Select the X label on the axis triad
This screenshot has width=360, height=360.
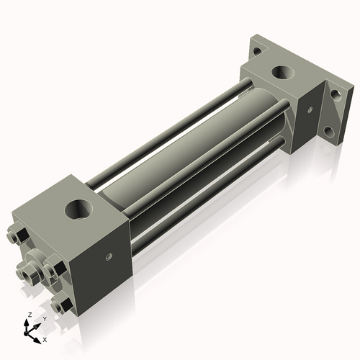[45, 338]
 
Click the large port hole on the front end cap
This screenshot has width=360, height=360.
[79, 210]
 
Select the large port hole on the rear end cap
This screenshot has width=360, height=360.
[282, 73]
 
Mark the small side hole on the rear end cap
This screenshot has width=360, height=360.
[310, 110]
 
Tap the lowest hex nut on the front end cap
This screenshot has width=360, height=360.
[63, 305]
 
